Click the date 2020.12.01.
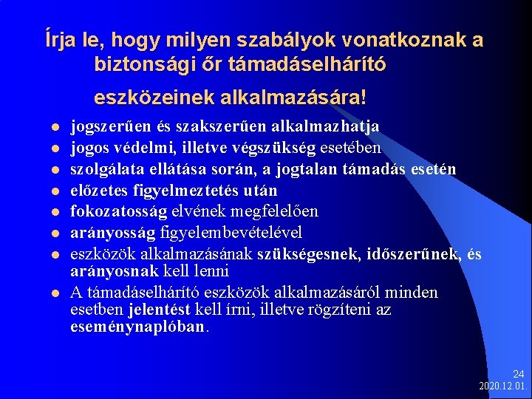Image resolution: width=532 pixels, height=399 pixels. click(x=502, y=386)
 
